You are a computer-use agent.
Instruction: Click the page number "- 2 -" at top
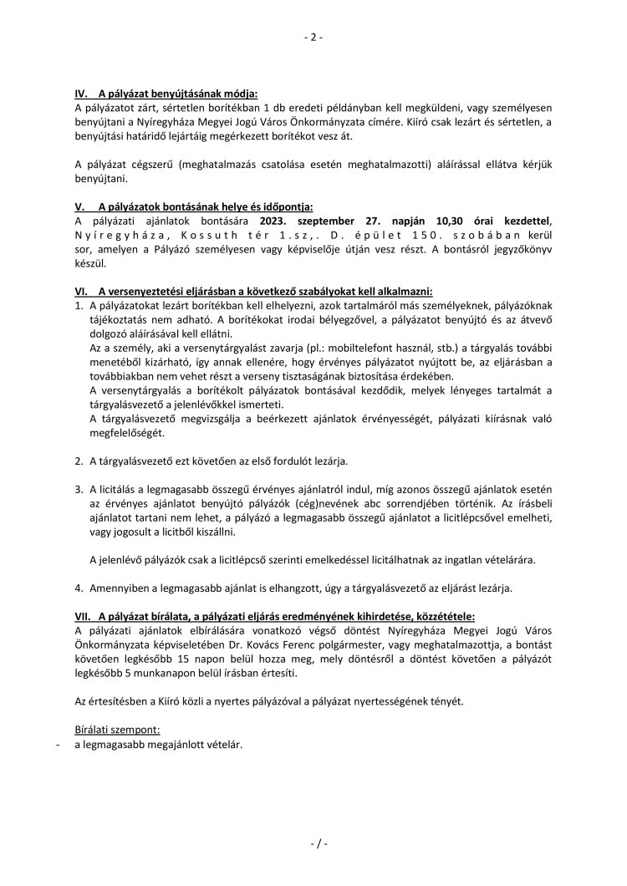click(313, 38)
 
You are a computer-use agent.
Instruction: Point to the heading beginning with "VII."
click(275, 616)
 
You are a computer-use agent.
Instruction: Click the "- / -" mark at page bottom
click(313, 844)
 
